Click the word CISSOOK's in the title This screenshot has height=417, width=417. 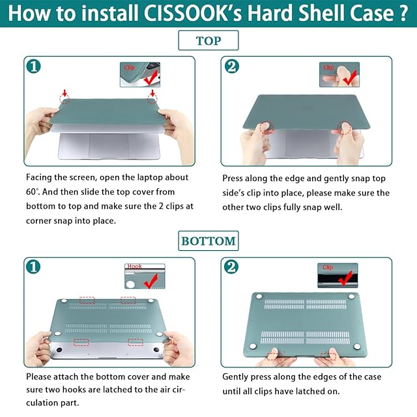coord(193,13)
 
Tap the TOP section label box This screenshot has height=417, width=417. coord(208,40)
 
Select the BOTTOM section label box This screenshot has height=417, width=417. coord(208,241)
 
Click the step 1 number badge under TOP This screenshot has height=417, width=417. coord(33,66)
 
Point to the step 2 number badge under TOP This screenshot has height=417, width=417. coord(232,66)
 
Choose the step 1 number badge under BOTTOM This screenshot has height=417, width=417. coord(33,266)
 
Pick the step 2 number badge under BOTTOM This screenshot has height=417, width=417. coord(231,266)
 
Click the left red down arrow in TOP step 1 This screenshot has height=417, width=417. coord(65,93)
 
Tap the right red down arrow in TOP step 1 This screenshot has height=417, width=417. coord(152,93)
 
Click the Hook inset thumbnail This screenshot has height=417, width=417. coord(145,276)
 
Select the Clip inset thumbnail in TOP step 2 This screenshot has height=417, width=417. coord(339,74)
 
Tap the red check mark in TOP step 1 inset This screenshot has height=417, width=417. coord(151,78)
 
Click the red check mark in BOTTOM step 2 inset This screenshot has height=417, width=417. coord(346,278)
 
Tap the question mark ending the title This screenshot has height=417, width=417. coord(403,13)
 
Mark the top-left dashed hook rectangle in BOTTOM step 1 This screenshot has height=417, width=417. coord(87,300)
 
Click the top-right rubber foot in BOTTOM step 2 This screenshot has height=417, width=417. coord(351,296)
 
